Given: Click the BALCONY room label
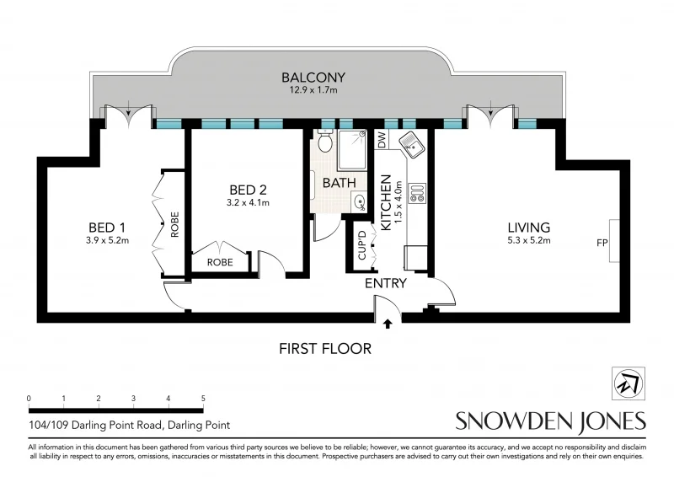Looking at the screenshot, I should coord(313,78).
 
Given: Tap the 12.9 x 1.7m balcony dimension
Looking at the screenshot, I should coord(313,91).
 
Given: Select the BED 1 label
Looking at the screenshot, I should coord(107,228).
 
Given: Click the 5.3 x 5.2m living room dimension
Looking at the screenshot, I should coord(528,241).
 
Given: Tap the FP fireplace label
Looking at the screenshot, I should coord(602,244).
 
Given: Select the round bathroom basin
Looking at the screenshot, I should coord(360,201).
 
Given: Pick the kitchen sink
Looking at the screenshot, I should coord(414,145).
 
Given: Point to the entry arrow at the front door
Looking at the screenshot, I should coord(388,322).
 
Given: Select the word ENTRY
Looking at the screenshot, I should coord(386,284).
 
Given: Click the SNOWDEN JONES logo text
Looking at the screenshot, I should coord(550,421).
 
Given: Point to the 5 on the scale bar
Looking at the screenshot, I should coord(203,399).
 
